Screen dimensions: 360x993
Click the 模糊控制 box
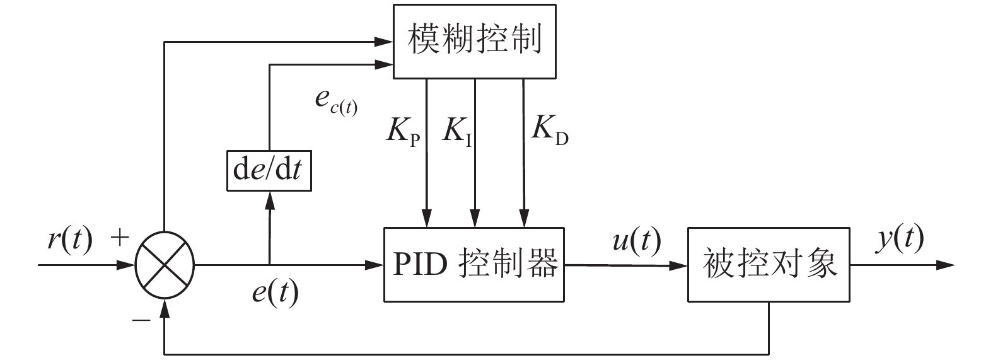click(474, 42)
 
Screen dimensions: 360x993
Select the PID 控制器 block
click(474, 264)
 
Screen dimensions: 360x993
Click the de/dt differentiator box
click(270, 171)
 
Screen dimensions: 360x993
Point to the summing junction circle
click(165, 265)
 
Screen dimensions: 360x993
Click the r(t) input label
click(69, 240)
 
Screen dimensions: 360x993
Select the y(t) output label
click(901, 239)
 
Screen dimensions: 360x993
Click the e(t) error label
click(274, 292)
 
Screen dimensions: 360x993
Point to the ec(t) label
click(335, 103)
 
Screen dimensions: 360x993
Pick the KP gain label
click(402, 129)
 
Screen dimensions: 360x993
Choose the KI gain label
click(458, 129)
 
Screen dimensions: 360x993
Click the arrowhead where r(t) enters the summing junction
click(127, 265)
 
